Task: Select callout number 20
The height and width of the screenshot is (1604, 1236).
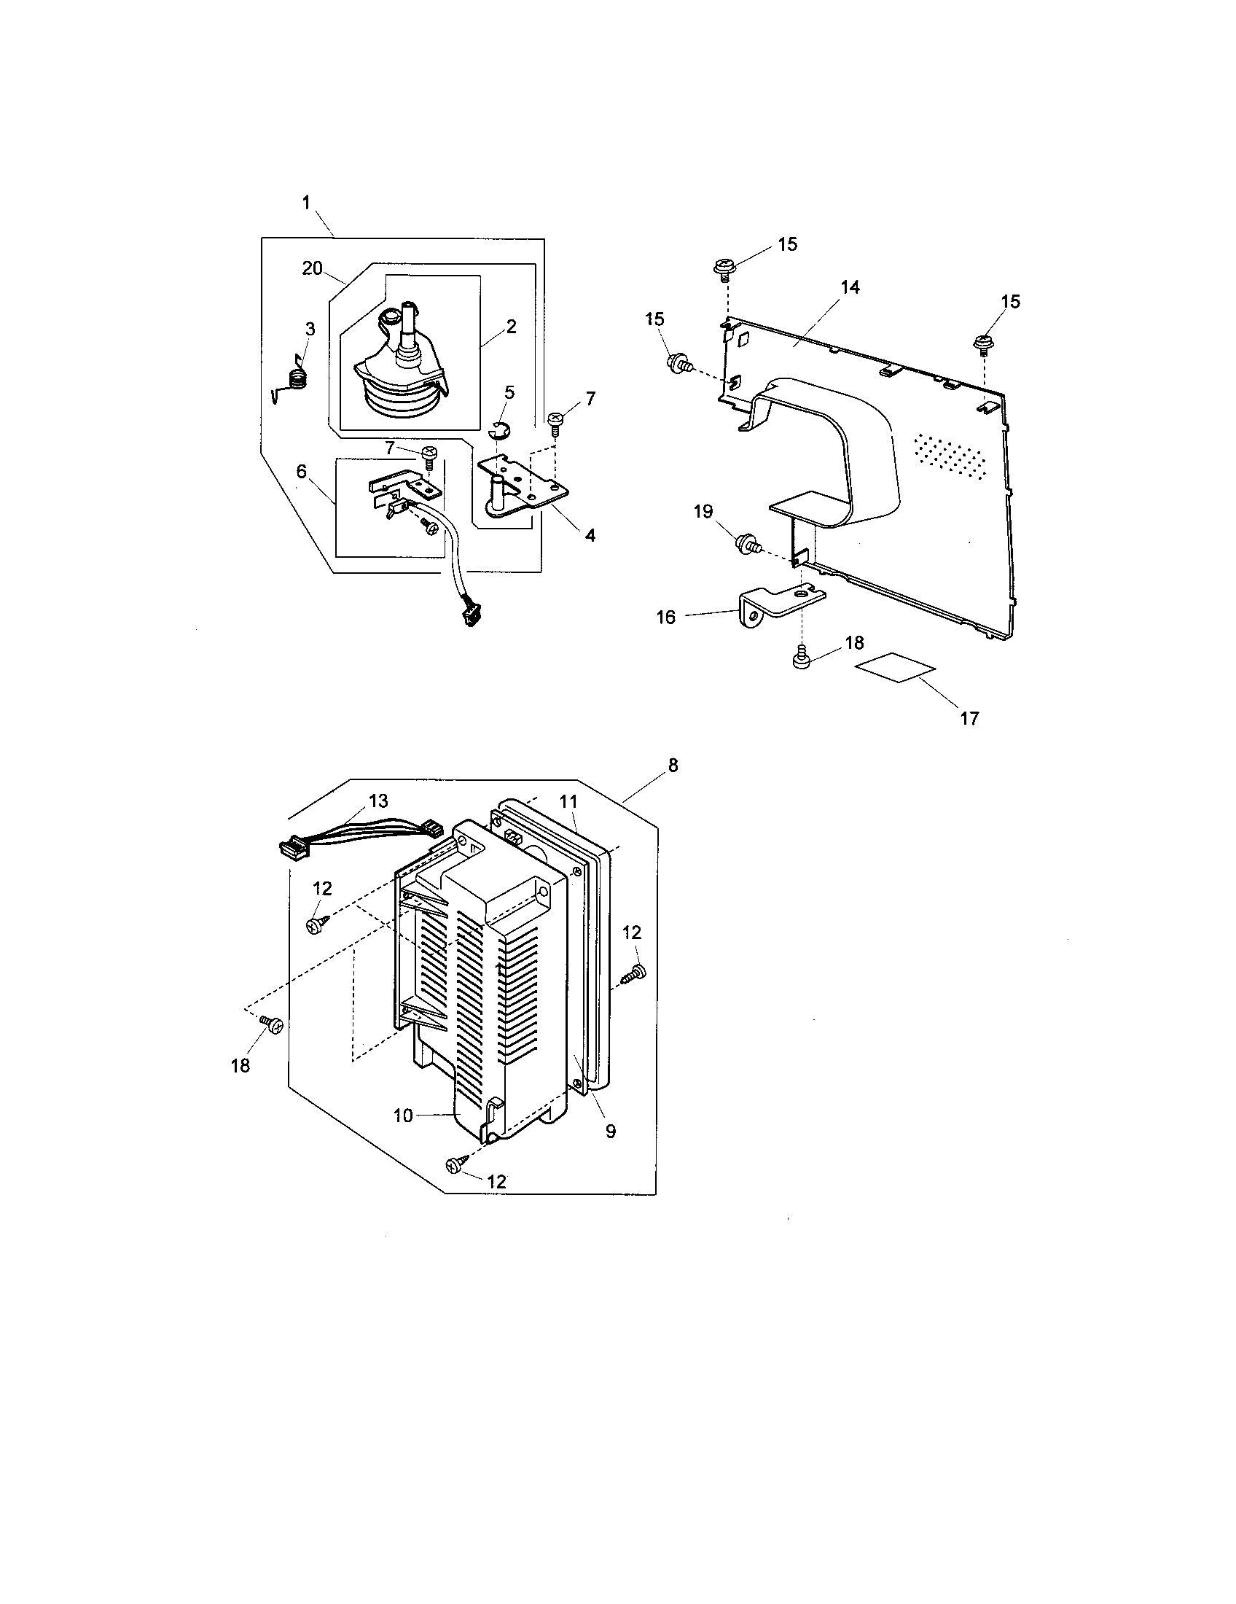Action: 312,269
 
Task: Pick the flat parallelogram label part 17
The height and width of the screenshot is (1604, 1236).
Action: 896,669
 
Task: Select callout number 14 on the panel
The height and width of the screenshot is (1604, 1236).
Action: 850,287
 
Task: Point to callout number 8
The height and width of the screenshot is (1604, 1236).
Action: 673,766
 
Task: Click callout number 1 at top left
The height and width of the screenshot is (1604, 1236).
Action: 306,203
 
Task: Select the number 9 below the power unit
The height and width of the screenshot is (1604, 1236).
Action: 611,1132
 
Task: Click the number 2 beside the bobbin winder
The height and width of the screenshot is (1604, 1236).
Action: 511,327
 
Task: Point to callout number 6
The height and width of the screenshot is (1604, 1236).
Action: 301,472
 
